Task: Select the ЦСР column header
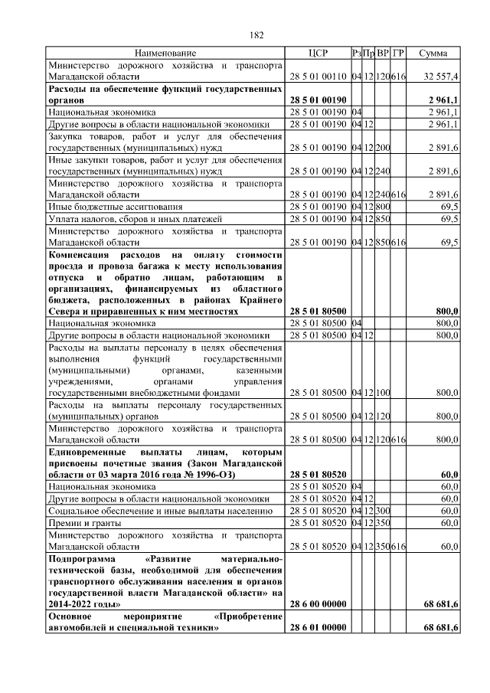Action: pos(317,54)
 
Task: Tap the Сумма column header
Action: pos(433,54)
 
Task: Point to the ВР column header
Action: pos(383,54)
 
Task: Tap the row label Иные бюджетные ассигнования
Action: pos(105,207)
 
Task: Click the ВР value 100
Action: pos(383,393)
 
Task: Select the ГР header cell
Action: pos(398,54)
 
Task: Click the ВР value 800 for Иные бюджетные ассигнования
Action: pos(383,207)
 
